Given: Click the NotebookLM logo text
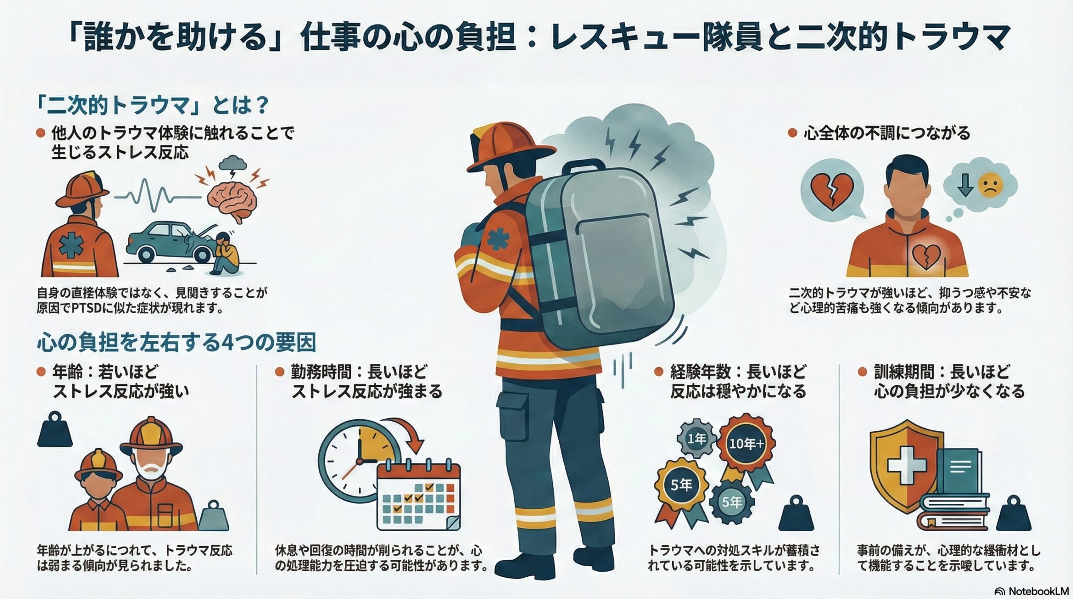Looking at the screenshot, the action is pos(1039,591).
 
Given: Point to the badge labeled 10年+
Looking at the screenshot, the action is pos(746,444).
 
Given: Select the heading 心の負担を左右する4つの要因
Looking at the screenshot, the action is pos(176,343).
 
